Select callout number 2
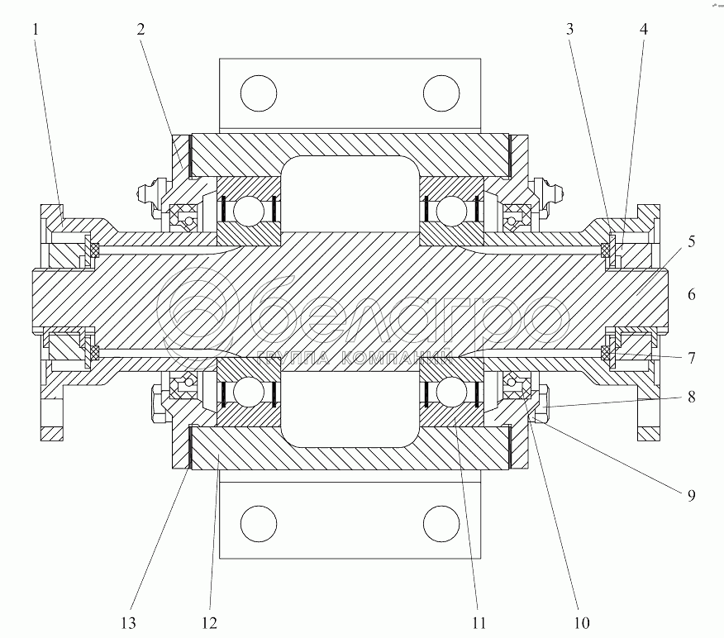141,29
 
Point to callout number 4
643,29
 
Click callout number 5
691,242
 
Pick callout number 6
691,293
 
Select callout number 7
691,358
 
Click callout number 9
691,496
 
